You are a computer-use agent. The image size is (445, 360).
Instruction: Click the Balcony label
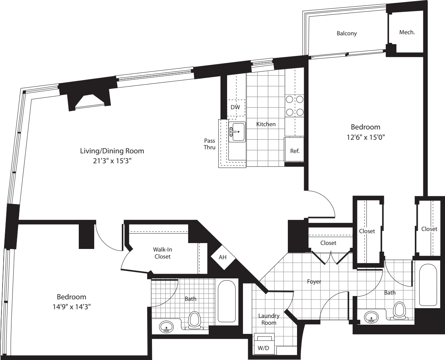(x=347, y=33)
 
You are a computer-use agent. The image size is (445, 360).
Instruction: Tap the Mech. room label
(x=407, y=32)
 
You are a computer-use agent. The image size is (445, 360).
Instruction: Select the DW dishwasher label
(x=235, y=107)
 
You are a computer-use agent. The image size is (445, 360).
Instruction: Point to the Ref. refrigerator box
(x=294, y=150)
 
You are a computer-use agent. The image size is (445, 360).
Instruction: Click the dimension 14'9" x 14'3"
(x=71, y=306)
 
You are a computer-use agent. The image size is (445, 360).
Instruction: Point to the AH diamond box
(x=223, y=257)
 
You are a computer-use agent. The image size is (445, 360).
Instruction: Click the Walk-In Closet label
(x=162, y=253)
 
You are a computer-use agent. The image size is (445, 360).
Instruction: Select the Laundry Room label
(x=269, y=319)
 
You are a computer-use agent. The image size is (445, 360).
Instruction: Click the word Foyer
(x=314, y=282)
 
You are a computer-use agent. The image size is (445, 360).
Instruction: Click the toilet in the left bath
(x=194, y=320)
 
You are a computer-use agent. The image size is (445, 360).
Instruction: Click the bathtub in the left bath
(x=226, y=300)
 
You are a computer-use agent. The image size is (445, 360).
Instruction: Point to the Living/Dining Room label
(x=112, y=151)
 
